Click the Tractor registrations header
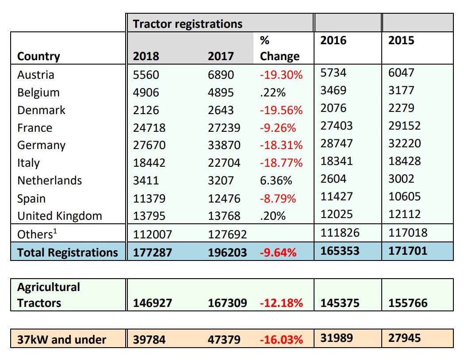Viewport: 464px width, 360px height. tap(188, 23)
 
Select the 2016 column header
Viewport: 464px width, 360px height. tap(334, 40)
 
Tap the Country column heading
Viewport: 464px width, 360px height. tap(38, 57)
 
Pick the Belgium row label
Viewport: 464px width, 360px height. tap(38, 92)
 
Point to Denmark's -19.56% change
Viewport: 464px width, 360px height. tap(281, 110)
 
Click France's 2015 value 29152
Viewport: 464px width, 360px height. tap(405, 126)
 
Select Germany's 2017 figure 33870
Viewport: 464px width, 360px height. tap(224, 146)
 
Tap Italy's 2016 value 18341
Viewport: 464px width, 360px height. tap(337, 161)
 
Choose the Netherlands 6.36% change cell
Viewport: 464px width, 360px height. tap(276, 180)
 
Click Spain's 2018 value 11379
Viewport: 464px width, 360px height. tap(149, 199)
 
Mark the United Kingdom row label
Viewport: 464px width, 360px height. tap(60, 216)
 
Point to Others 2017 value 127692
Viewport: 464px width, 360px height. tap(227, 234)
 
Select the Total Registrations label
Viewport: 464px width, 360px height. tap(67, 253)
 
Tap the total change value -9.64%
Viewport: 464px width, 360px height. tap(278, 253)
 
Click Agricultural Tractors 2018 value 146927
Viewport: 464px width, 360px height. tap(152, 303)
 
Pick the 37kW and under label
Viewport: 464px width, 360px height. tap(61, 340)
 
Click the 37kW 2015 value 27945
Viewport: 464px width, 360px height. tap(405, 338)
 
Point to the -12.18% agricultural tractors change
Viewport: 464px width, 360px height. tap(281, 303)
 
